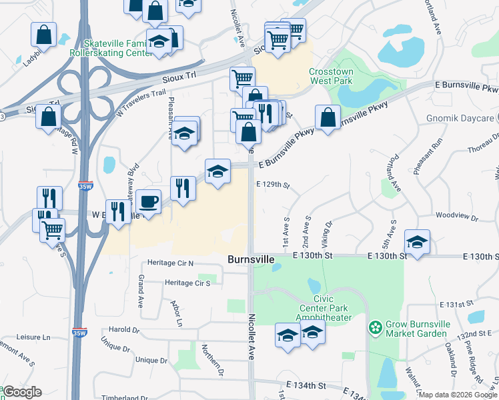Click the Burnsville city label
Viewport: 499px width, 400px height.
pyautogui.click(x=250, y=259)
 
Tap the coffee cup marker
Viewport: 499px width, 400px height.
pyautogui.click(x=148, y=201)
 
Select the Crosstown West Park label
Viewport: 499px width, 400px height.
pyautogui.click(x=330, y=76)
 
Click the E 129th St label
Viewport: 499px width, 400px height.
pyautogui.click(x=274, y=185)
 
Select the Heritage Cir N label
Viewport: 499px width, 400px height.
pyautogui.click(x=170, y=263)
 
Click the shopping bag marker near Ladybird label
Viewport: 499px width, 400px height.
pyautogui.click(x=43, y=35)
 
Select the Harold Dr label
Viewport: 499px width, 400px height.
pyautogui.click(x=124, y=329)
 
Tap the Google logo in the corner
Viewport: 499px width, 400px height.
pyautogui.click(x=22, y=392)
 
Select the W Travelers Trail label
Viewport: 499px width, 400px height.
pyautogui.click(x=141, y=103)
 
